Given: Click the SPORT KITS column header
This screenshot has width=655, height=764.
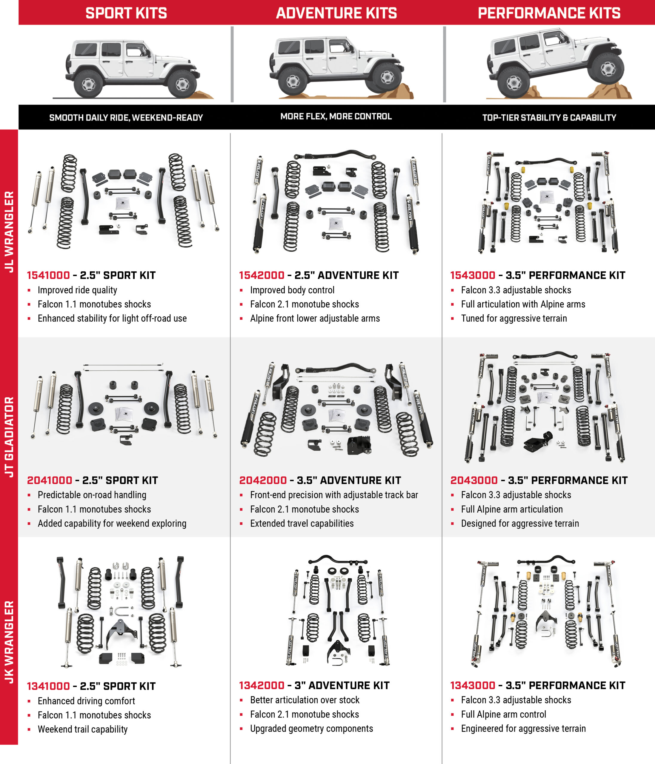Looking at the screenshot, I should point(126,13).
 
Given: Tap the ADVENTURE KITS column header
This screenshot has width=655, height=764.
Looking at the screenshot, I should point(336,13).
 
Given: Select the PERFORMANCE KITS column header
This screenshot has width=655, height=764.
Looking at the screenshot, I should point(549,13).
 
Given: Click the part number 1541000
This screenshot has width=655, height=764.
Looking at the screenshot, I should point(48,275).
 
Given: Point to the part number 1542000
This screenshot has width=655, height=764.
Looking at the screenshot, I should point(262,275).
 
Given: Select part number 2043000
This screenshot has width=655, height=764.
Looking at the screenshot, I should point(474,480).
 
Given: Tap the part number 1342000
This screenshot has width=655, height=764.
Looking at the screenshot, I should point(262,685).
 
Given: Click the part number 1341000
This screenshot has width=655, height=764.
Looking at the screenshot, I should point(48,686).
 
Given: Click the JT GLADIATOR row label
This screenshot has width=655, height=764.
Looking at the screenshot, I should point(9,437).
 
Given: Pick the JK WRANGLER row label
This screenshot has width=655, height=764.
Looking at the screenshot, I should point(9,642).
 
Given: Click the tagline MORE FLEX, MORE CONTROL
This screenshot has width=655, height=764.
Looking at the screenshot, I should point(336,116).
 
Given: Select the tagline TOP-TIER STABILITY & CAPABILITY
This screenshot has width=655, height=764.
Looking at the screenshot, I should point(549,118).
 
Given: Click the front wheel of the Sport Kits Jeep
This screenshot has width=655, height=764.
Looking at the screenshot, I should point(182,84).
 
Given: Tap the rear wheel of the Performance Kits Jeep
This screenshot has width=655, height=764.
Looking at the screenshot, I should point(513,83).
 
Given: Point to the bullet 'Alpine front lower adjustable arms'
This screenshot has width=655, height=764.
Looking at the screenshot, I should point(315,318).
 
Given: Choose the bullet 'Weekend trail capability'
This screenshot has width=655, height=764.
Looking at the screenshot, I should point(83,729).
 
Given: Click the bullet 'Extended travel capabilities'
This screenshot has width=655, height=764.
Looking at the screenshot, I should point(302,523).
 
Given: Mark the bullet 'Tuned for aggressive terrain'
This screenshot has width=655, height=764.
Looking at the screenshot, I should point(514,318).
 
